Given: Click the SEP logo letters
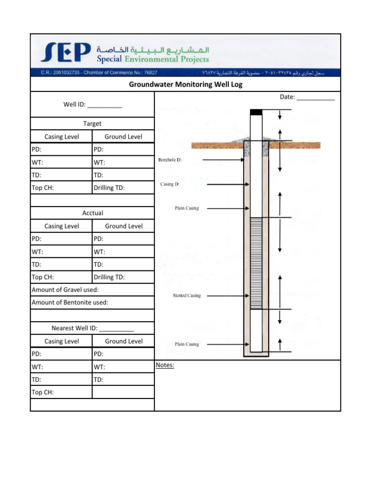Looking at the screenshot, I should tap(66, 52).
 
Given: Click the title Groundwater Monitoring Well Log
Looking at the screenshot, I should tap(186, 84).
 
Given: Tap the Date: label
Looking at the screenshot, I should tap(287, 97).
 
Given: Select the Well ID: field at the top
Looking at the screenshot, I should tap(92, 104).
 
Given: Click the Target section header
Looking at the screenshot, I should tap(92, 124).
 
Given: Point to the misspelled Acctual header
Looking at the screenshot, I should tap(92, 213).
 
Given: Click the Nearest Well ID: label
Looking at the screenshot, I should tap(92, 328).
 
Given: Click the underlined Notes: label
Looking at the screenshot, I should tap(165, 365).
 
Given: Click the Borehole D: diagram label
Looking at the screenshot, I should tap(170, 160).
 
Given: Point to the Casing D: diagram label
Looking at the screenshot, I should tap(170, 184).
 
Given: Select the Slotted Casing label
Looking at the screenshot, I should tap(187, 295).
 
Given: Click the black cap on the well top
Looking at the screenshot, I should tap(256, 112).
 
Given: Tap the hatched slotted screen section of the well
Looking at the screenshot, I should tap(256, 264).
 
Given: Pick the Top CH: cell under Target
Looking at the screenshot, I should tap(61, 187).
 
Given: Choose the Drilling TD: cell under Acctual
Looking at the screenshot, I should tap(123, 277).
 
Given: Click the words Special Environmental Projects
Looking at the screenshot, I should tap(153, 60).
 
